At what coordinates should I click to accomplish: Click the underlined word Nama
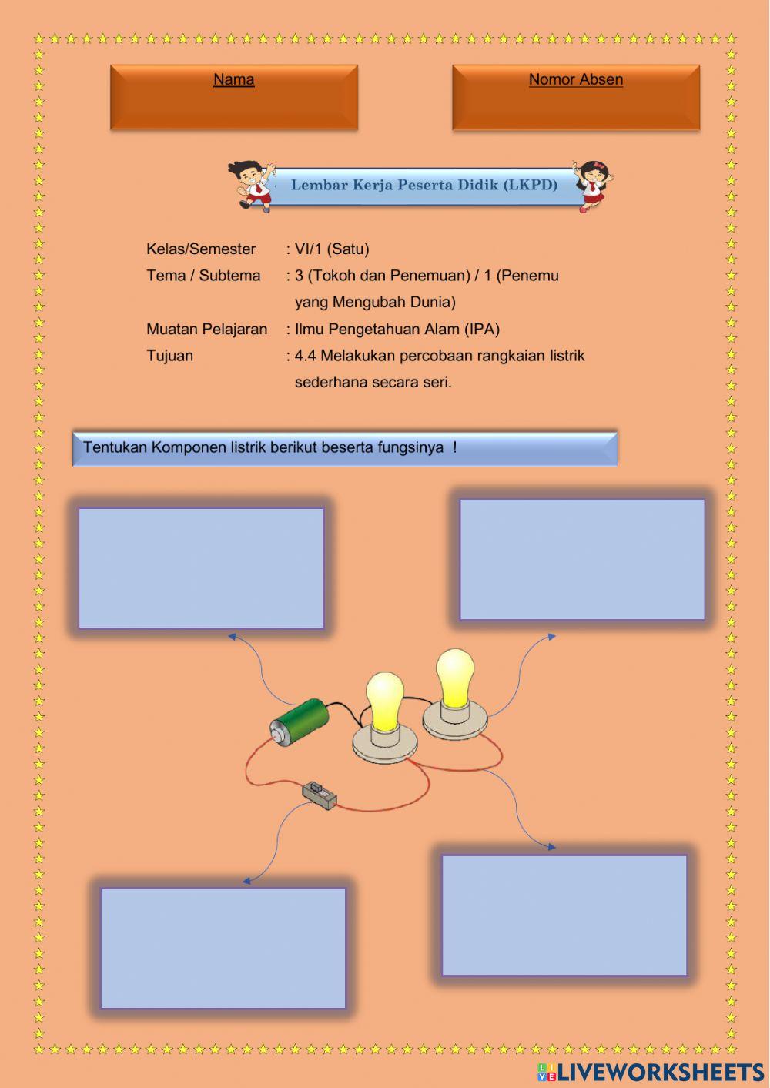(233, 79)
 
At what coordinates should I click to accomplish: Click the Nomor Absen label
(575, 79)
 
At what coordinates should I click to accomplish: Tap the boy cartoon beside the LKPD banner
(251, 185)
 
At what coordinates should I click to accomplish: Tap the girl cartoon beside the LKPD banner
(594, 185)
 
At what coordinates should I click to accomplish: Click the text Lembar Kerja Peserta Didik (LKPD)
(423, 186)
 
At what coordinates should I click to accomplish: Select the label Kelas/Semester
(201, 249)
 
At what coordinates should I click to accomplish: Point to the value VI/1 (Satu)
(332, 249)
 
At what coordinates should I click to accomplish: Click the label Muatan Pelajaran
(206, 329)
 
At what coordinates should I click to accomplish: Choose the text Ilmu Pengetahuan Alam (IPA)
(397, 329)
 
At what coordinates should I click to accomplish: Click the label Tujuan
(169, 356)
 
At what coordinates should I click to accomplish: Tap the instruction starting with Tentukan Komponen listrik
(269, 447)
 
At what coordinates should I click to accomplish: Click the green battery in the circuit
(300, 721)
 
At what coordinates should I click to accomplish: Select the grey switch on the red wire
(319, 795)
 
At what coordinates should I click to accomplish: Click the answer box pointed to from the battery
(201, 568)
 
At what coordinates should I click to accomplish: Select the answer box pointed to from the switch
(223, 948)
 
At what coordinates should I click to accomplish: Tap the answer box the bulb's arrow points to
(582, 560)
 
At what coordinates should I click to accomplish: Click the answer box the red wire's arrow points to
(564, 915)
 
